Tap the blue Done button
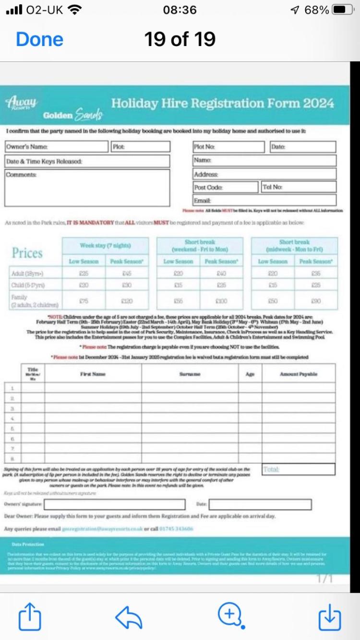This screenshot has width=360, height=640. tap(39, 39)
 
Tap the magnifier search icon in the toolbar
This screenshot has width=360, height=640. tap(230, 615)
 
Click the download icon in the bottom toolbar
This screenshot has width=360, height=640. tap(330, 616)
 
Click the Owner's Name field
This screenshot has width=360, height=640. tap(57, 146)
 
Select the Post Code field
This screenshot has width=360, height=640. tap(226, 187)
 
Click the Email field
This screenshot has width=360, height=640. tap(264, 200)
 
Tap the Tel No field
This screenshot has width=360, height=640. tap(299, 187)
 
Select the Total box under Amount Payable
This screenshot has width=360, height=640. tap(299, 469)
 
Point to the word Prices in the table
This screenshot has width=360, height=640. tap(27, 253)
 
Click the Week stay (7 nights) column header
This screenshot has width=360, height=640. tap(105, 246)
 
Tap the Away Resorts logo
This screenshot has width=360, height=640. tap(22, 102)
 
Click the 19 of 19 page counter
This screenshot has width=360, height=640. tap(180, 39)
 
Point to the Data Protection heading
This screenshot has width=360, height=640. tap(28, 544)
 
